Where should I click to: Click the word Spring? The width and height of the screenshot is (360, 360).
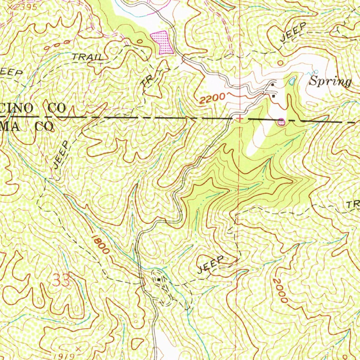point(330,82)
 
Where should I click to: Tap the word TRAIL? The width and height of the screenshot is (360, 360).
point(88,57)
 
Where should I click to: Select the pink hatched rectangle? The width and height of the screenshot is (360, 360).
point(162,42)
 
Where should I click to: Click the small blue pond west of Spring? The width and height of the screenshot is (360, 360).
point(291,82)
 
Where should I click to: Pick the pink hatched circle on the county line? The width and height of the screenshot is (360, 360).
point(281,122)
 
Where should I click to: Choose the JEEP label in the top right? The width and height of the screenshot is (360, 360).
point(294,33)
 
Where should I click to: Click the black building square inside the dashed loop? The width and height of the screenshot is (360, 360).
point(159,279)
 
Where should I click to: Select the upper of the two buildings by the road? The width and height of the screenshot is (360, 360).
point(273,85)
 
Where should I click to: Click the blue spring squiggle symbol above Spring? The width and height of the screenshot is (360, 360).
point(310,73)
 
